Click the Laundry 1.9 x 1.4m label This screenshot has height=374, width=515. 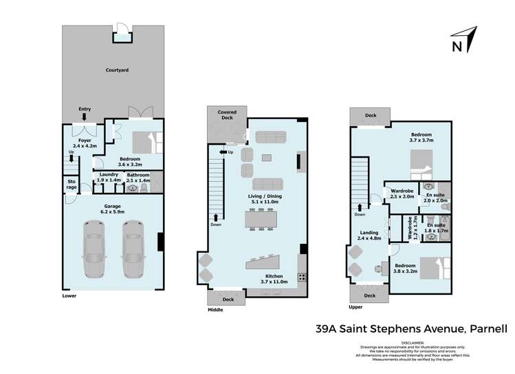[x=109, y=176]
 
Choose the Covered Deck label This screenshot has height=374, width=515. [x=226, y=114]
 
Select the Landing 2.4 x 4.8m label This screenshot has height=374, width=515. [x=369, y=236]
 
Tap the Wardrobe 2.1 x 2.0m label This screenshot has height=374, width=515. [x=402, y=194]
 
